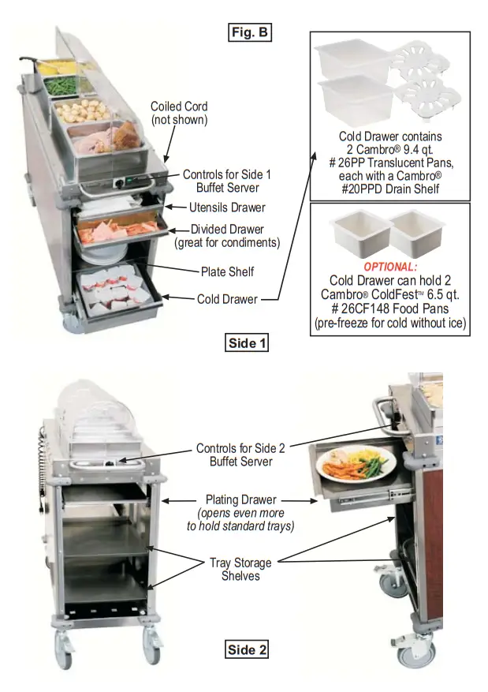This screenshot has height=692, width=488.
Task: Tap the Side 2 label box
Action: pos(248,649)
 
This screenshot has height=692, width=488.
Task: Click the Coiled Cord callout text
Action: pos(179,114)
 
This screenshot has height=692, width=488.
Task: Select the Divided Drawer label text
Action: pos(226,236)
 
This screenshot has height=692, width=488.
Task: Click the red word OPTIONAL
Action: pos(390,267)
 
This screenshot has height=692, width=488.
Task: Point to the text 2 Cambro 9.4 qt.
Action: pos(390,150)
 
